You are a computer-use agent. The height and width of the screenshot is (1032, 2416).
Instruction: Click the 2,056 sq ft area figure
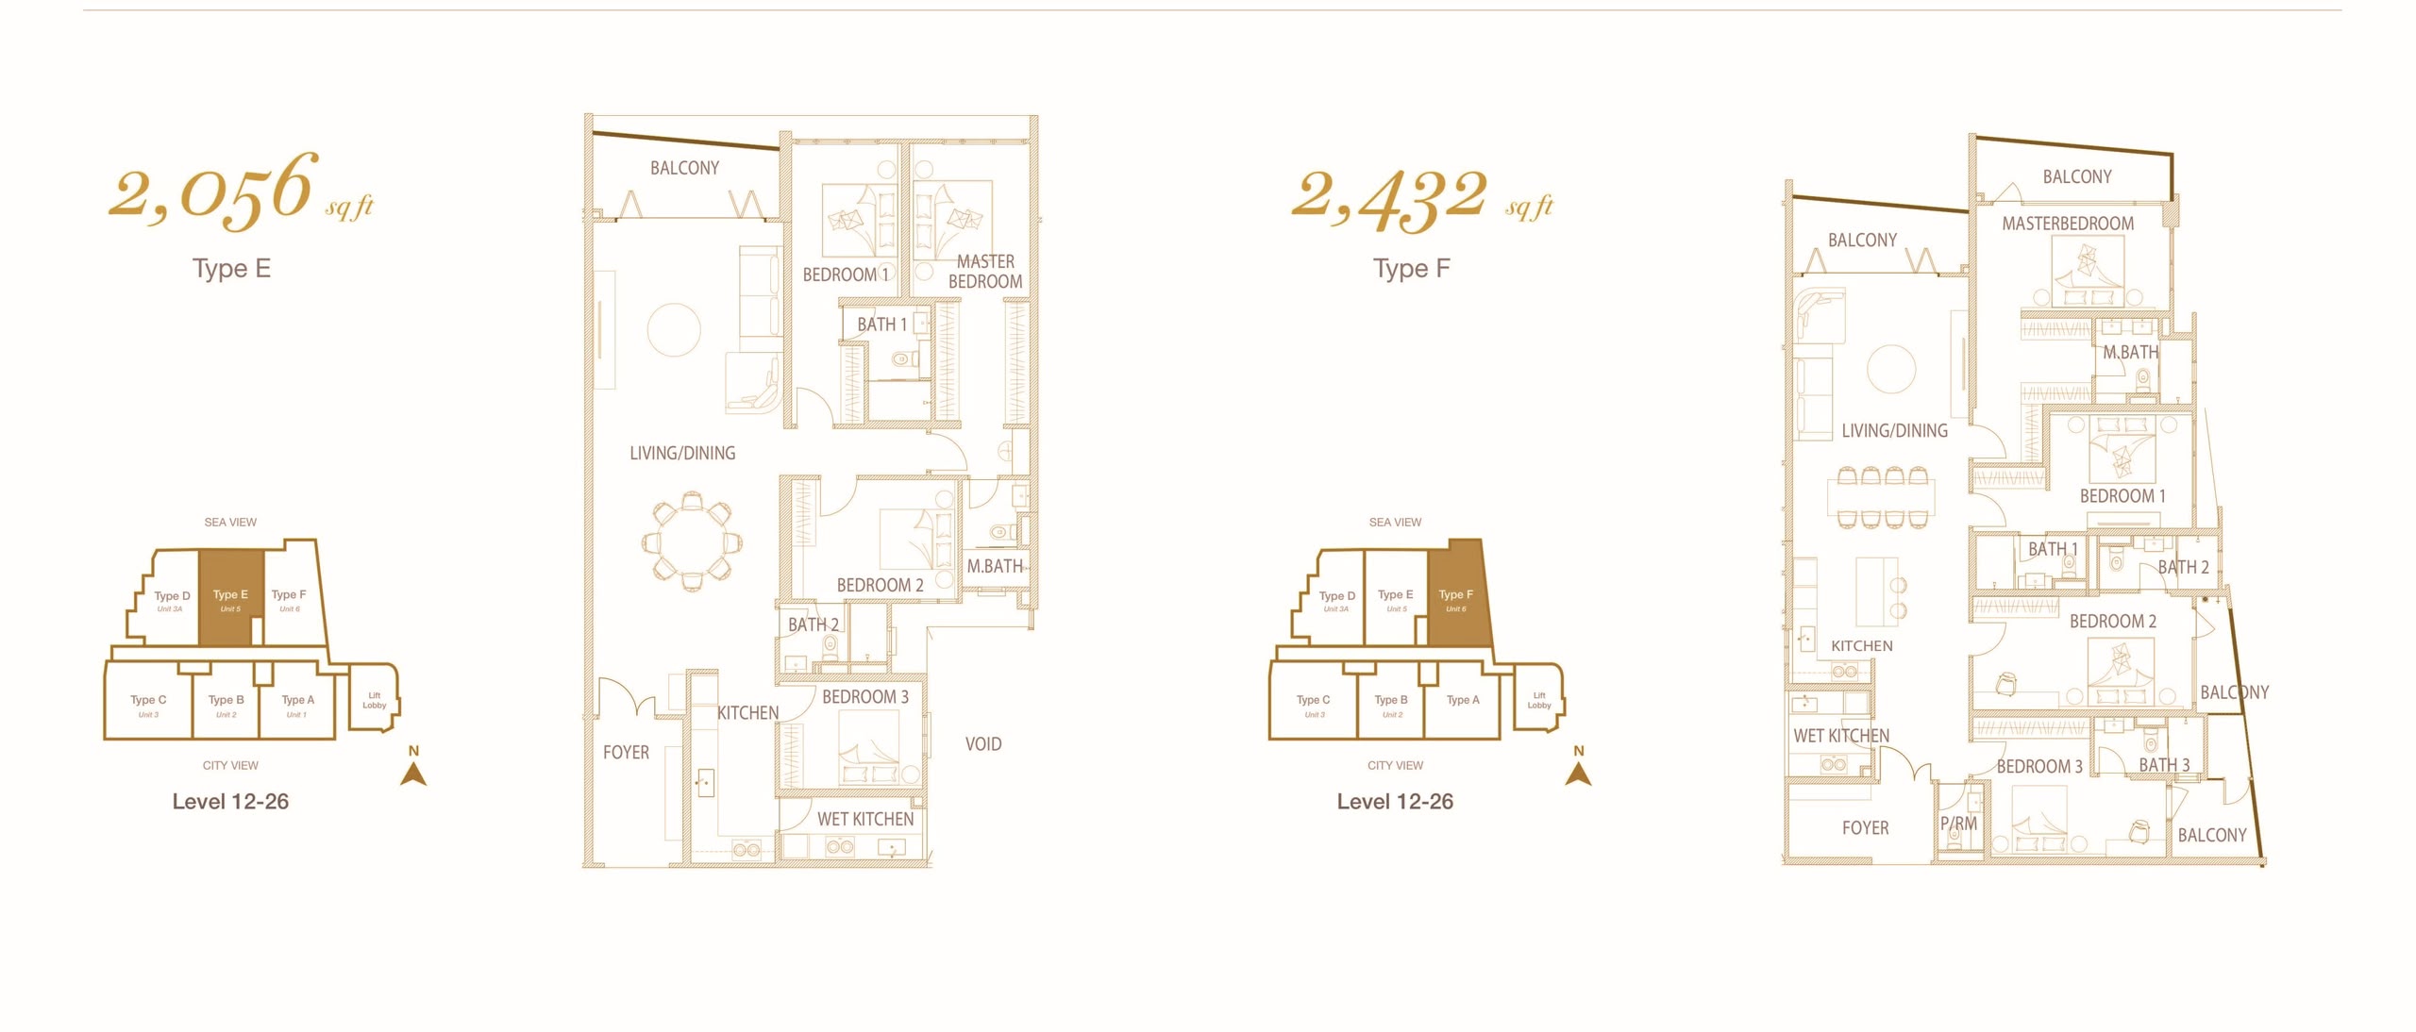coord(242,191)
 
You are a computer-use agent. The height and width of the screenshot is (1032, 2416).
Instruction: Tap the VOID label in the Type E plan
coord(983,744)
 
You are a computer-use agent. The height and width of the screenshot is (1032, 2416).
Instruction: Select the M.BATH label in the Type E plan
coord(995,566)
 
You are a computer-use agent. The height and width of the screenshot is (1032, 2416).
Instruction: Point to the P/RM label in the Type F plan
coord(1959,824)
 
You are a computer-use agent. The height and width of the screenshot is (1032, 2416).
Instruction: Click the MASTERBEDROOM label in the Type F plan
coord(2068,224)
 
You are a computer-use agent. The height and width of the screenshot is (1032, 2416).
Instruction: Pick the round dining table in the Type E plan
coord(693,541)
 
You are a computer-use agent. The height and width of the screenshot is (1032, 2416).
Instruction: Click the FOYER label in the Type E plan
coord(627,753)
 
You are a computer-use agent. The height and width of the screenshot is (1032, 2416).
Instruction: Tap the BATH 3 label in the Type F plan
coord(2164,765)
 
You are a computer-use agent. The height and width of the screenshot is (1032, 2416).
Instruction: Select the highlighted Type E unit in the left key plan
coord(230,598)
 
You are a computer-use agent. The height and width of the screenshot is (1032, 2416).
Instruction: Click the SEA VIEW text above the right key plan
coord(1395,522)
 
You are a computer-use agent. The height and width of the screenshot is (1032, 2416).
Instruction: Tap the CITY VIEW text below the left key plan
coord(230,765)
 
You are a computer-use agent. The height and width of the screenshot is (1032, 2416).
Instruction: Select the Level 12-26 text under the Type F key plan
coord(1395,802)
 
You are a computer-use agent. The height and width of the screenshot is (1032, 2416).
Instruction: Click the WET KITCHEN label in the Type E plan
coord(865,820)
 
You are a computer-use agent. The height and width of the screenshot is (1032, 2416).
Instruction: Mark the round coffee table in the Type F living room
coord(1891,369)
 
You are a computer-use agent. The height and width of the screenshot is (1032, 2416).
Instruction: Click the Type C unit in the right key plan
coord(1313,700)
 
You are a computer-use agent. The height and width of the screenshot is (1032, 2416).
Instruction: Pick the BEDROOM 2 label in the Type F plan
coord(2113,622)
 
